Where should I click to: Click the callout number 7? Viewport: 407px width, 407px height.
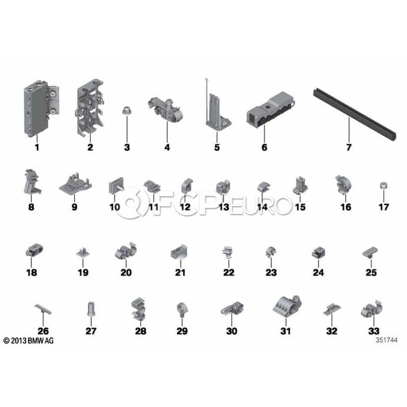[349, 147]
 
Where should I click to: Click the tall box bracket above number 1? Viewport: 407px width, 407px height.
[41, 109]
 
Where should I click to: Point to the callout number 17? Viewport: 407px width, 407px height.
[383, 207]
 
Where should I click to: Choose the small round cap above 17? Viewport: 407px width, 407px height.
[383, 186]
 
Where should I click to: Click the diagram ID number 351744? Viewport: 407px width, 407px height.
[386, 340]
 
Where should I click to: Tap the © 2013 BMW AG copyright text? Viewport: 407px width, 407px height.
[28, 341]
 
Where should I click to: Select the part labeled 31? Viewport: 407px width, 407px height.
[287, 307]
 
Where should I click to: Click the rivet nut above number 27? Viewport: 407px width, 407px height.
[91, 309]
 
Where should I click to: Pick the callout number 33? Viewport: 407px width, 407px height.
[374, 331]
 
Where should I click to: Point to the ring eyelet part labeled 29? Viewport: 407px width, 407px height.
[182, 310]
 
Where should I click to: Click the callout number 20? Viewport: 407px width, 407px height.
[126, 272]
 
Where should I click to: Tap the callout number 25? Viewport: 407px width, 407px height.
[371, 272]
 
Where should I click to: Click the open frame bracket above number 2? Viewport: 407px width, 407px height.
[90, 108]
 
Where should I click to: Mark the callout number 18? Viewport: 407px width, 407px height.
[31, 272]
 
